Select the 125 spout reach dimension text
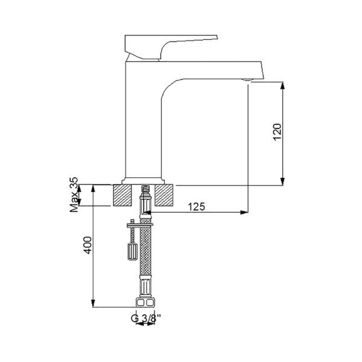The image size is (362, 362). [195, 207]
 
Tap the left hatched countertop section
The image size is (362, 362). [127, 195]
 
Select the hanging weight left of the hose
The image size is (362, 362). [129, 249]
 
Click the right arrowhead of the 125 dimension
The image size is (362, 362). [244, 212]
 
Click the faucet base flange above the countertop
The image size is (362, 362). [144, 180]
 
